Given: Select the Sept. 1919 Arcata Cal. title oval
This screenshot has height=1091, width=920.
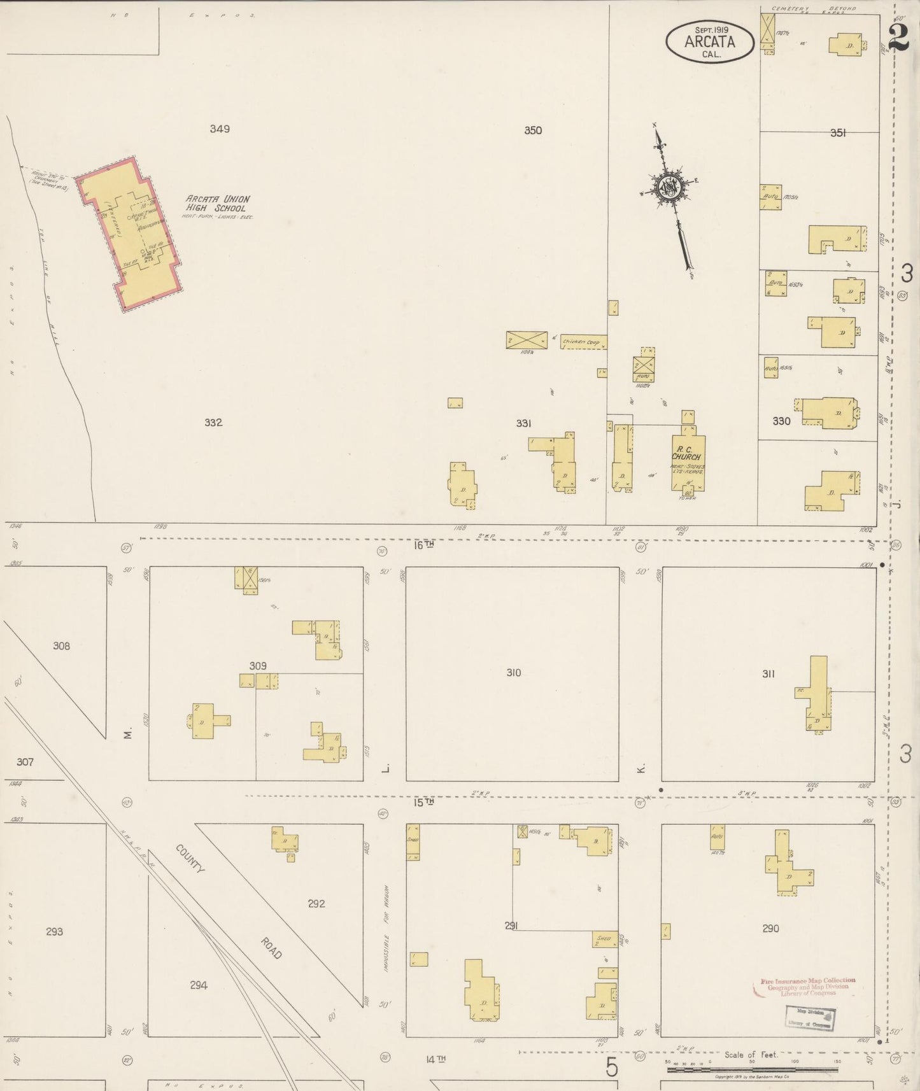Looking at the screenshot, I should (710, 42).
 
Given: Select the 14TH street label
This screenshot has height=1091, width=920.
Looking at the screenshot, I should (435, 1059).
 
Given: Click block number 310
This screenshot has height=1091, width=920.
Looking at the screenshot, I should (513, 673).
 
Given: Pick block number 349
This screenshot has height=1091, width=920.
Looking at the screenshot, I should (220, 129).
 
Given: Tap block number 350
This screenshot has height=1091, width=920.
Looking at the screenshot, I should (533, 130).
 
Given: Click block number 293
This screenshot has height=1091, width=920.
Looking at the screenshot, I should (55, 931).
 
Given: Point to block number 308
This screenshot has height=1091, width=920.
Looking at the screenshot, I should (61, 646).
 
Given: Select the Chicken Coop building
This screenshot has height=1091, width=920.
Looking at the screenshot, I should (583, 342).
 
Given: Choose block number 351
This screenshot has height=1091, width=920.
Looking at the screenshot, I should (838, 133).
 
